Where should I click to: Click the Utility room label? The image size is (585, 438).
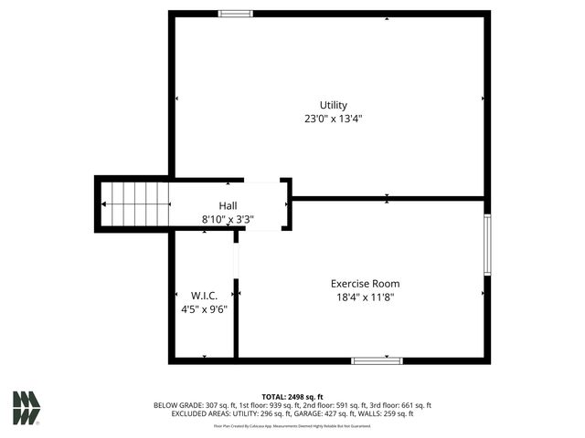(333, 105)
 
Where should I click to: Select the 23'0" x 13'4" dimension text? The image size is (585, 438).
(333, 119)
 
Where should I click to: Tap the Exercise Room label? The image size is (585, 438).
(365, 284)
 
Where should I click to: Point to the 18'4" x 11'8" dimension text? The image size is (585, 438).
(365, 297)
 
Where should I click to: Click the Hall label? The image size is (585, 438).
(228, 205)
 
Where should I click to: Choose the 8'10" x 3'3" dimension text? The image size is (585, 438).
(228, 219)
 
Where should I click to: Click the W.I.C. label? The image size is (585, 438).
(203, 296)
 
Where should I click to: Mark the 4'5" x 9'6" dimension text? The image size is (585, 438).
(203, 308)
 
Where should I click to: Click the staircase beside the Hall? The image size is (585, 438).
(135, 203)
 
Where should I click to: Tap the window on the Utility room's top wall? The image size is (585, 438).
(236, 14)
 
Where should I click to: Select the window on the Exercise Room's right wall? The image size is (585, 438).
(487, 244)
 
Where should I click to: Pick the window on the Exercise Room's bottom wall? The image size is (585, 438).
(377, 360)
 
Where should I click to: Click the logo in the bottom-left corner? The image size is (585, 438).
(26, 408)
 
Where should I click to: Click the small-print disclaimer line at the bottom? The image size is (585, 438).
(292, 425)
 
